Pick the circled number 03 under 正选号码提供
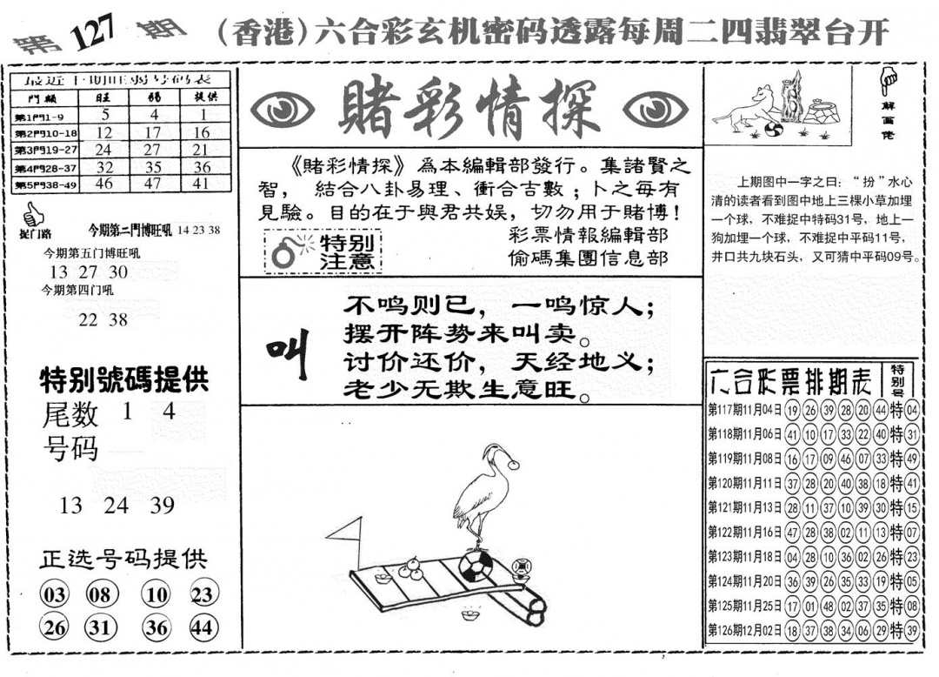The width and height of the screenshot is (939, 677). click(x=54, y=595)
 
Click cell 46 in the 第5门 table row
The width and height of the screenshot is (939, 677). click(x=104, y=184)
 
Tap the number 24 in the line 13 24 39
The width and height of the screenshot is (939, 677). click(x=116, y=506)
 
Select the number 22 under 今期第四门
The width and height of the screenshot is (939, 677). click(x=88, y=319)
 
